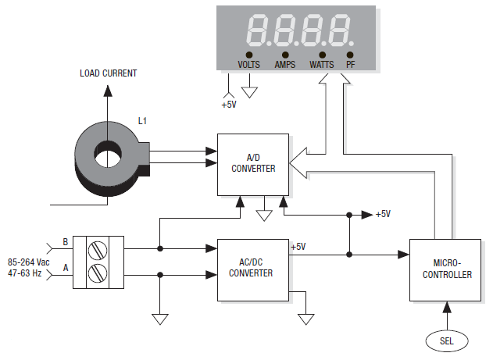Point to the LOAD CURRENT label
pyautogui.click(x=108, y=73)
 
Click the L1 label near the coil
pyautogui.click(x=142, y=121)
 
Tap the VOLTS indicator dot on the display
pyautogui.click(x=249, y=55)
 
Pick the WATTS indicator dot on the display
pyautogui.click(x=322, y=55)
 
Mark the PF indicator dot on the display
pyautogui.click(x=350, y=55)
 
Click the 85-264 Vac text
pyautogui.click(x=30, y=262)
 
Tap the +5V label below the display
pyautogui.click(x=227, y=102)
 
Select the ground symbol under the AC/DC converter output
pyautogui.click(x=306, y=319)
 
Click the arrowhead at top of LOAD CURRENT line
pyautogui.click(x=108, y=91)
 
